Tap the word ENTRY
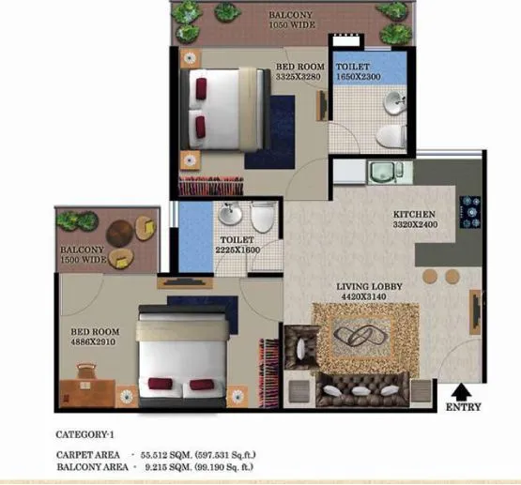click(463, 407)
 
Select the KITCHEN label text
click(414, 214)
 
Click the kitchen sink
click(384, 172)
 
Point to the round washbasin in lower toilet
click(230, 215)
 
